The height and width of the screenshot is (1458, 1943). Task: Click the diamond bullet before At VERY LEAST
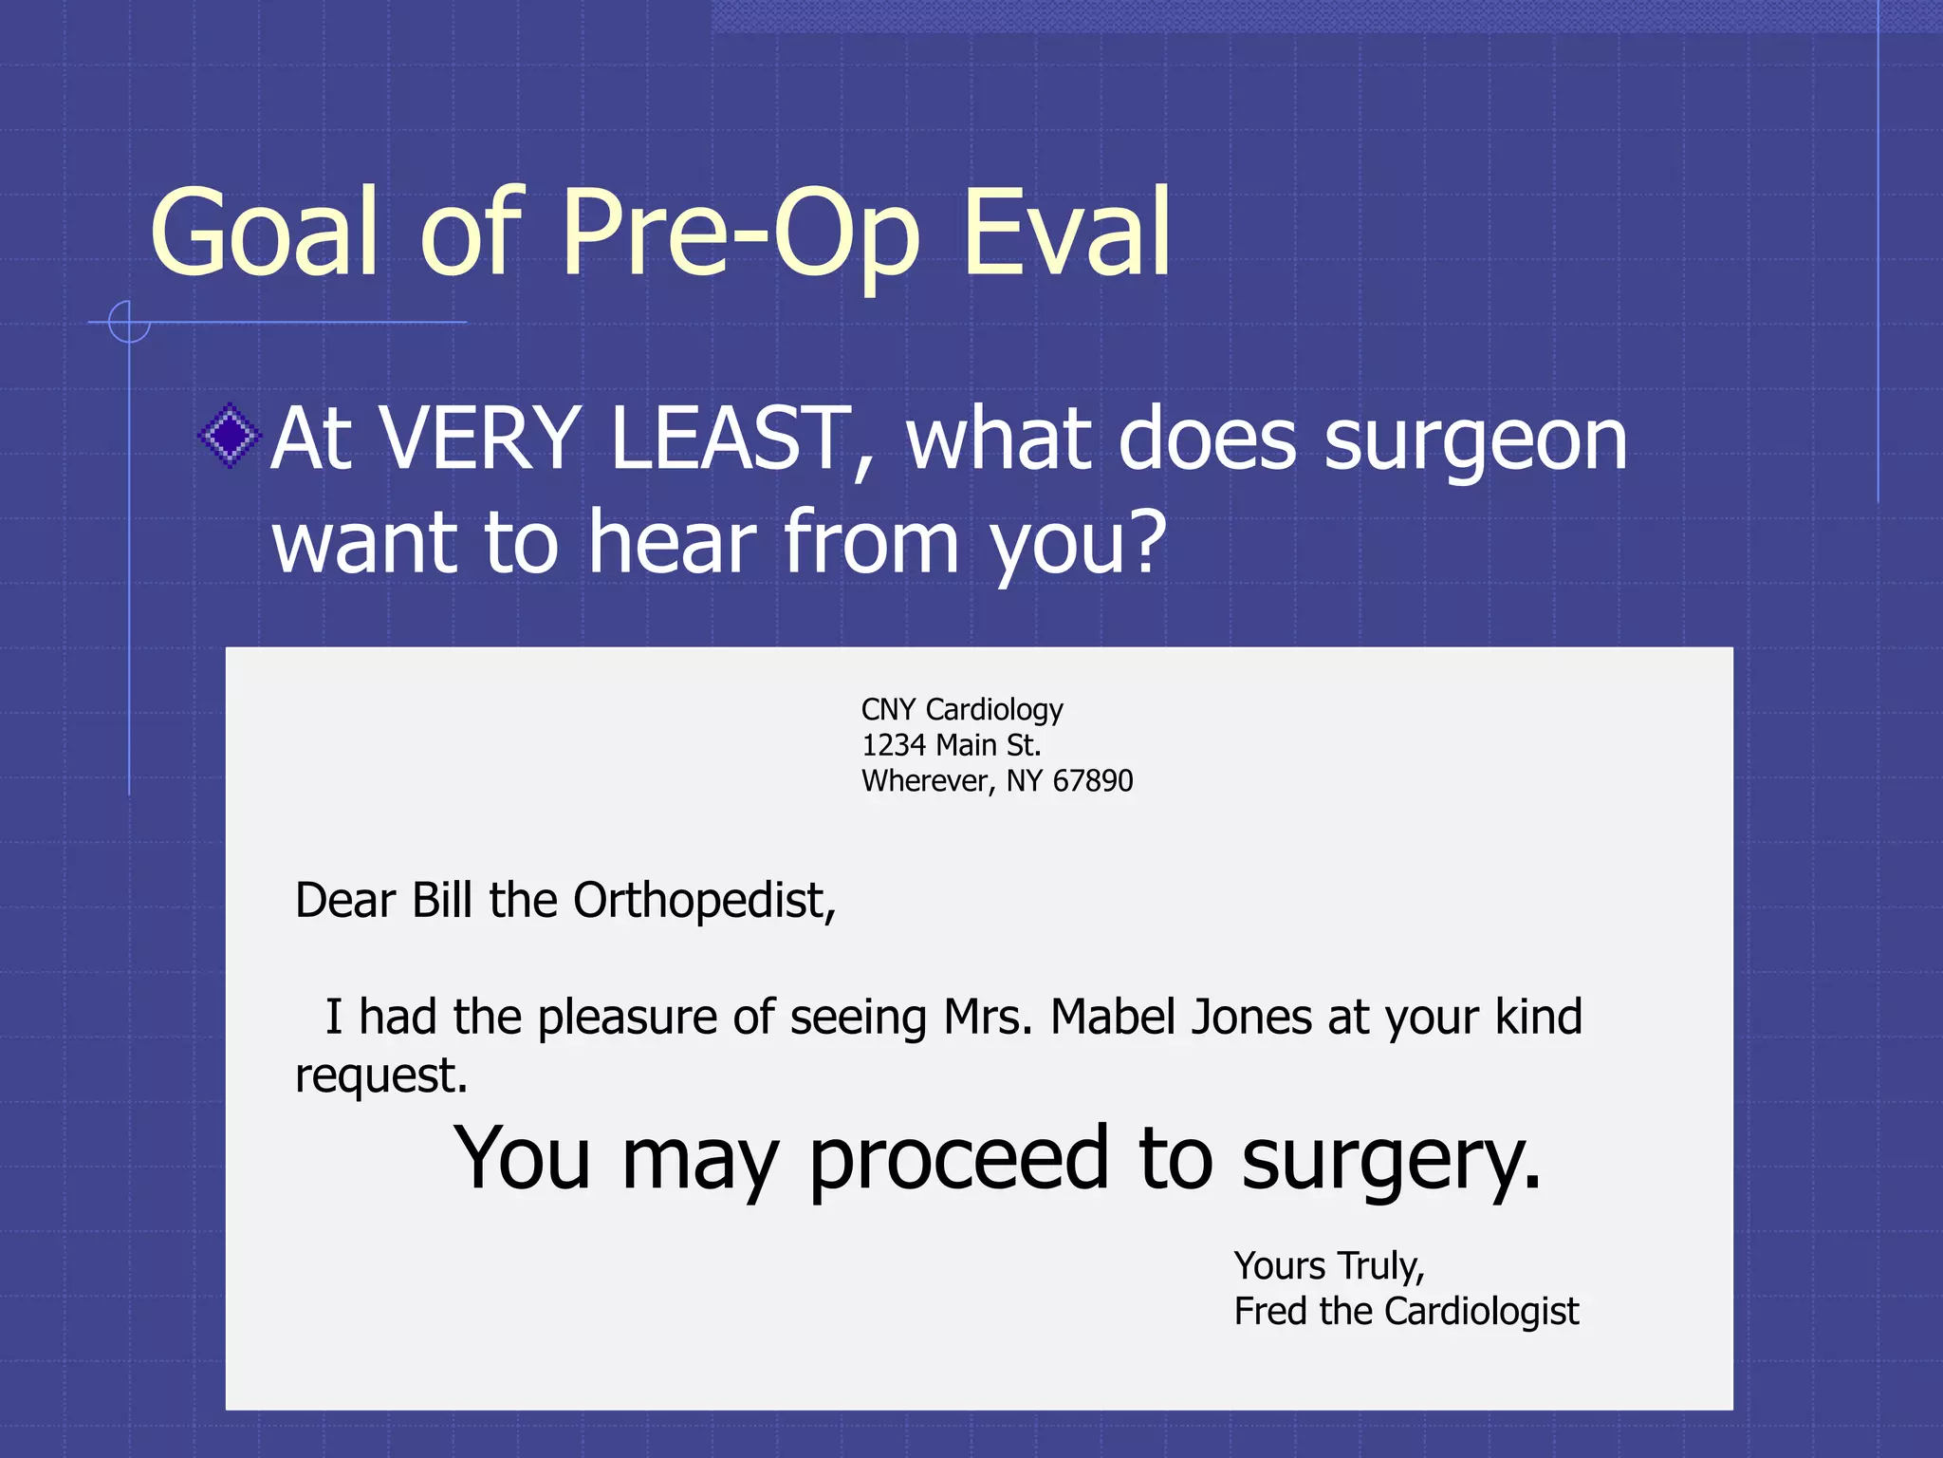(x=230, y=437)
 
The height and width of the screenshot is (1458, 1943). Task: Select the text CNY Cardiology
(x=962, y=710)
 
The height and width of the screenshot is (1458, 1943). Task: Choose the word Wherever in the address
(x=926, y=781)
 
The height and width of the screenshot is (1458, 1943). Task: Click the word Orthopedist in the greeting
(x=704, y=901)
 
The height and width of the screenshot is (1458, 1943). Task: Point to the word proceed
(x=958, y=1160)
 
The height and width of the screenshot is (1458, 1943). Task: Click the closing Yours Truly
(x=1328, y=1267)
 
